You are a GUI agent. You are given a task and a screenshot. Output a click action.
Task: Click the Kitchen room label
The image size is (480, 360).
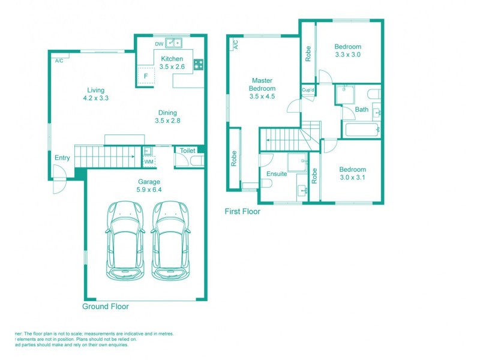click(172, 59)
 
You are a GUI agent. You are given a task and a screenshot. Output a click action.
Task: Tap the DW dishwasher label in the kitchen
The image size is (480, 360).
click(159, 44)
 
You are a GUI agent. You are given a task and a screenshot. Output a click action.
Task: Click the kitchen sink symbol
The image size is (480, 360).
click(175, 43)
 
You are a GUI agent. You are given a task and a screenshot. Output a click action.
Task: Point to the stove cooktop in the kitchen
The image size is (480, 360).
click(198, 65)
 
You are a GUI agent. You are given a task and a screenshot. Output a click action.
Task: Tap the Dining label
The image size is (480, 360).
click(167, 112)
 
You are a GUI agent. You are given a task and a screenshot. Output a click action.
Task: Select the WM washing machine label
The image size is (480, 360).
click(148, 161)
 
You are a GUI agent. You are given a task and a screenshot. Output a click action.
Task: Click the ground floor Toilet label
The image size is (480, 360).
click(188, 151)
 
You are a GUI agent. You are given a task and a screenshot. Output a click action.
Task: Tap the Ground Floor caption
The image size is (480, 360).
click(105, 306)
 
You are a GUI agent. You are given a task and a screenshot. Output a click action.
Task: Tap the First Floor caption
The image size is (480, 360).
click(242, 211)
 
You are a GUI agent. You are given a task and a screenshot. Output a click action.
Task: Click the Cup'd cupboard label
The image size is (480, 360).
click(308, 90)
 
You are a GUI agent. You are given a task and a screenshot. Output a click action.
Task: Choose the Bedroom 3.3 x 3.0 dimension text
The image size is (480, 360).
click(348, 55)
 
